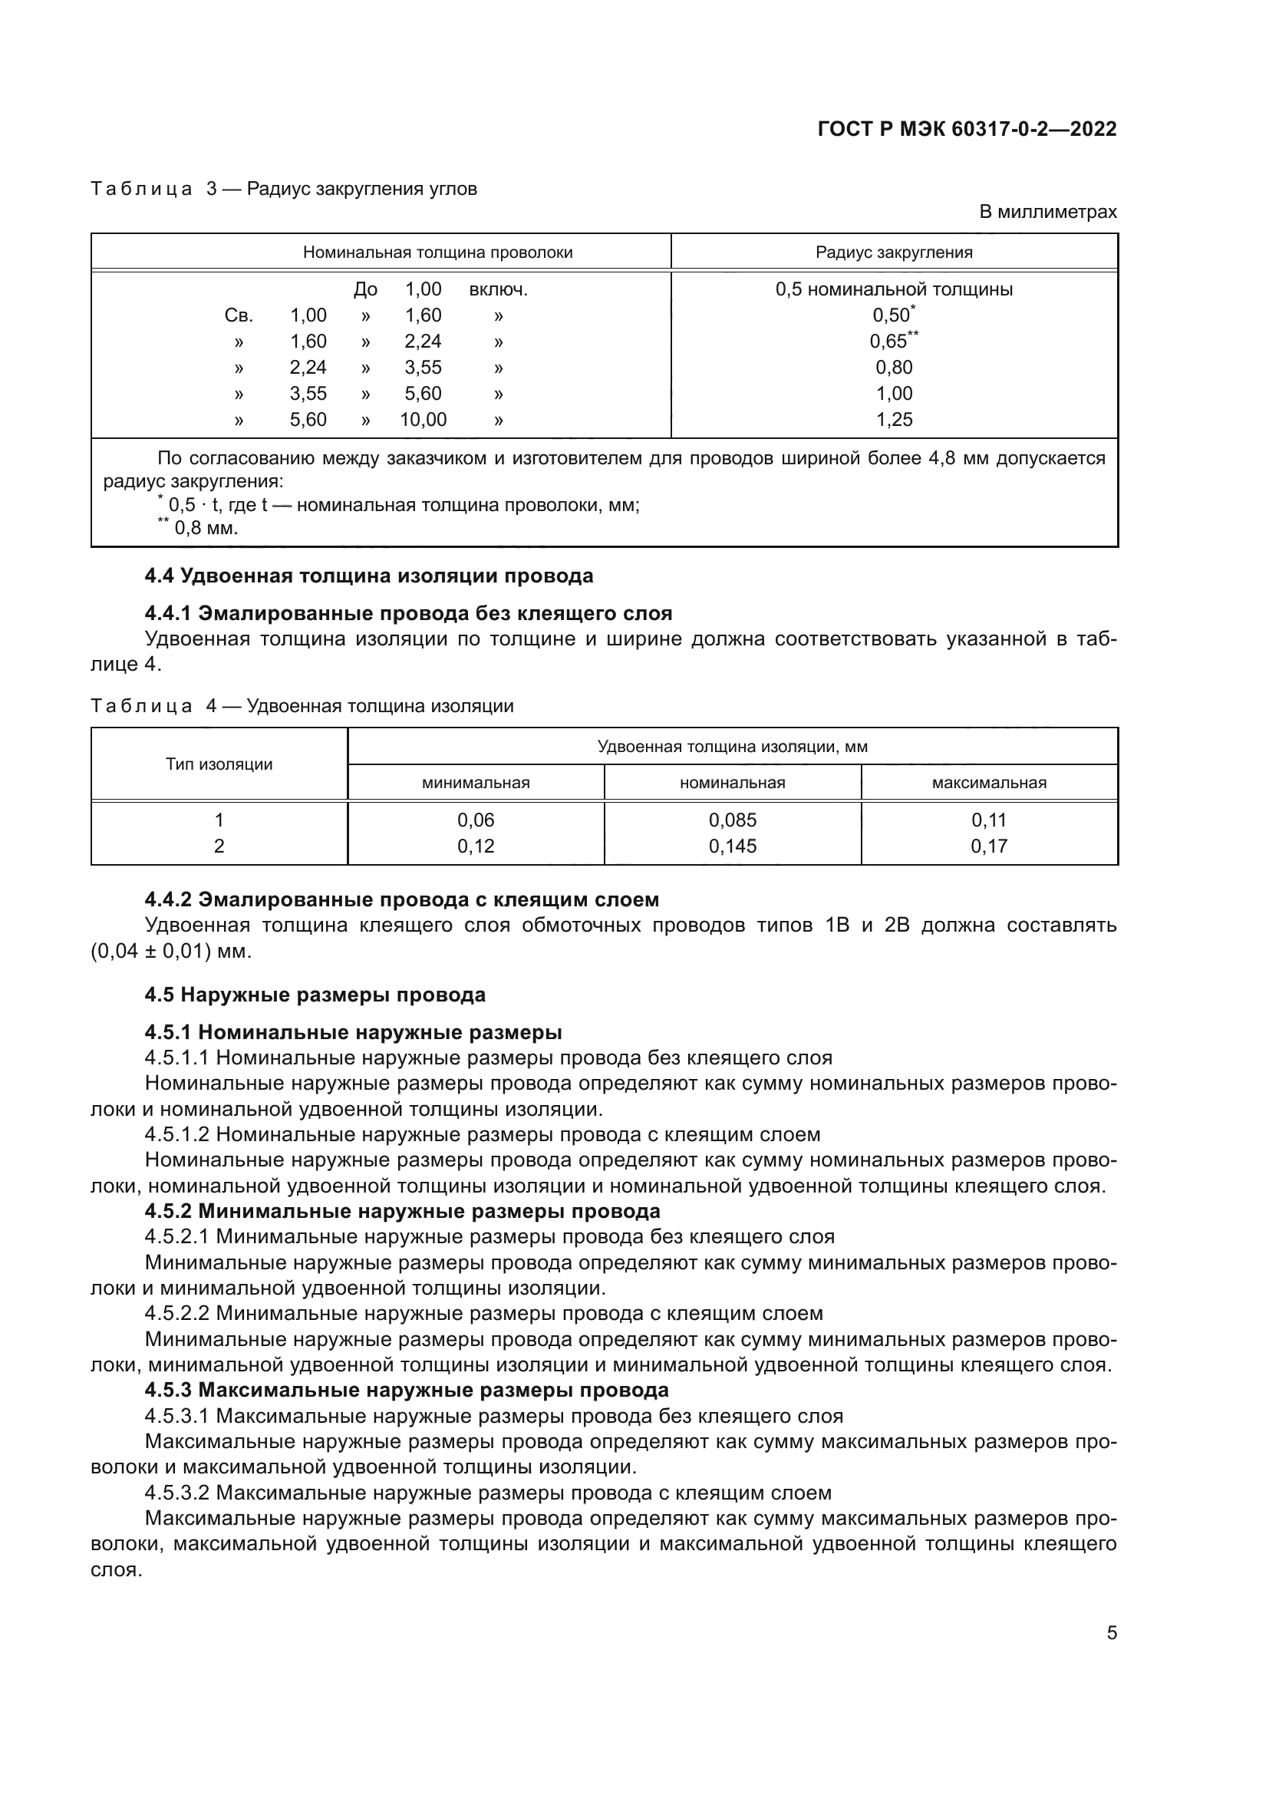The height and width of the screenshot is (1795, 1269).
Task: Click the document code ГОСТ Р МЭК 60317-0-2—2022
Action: click(967, 129)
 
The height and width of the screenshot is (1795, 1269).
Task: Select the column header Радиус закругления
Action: click(894, 252)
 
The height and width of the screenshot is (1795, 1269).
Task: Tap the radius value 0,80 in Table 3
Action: click(894, 368)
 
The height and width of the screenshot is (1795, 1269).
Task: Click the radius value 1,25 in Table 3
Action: click(894, 420)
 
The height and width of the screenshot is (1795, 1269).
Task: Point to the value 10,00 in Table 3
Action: click(423, 420)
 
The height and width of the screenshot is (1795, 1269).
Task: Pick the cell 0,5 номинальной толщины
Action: click(894, 289)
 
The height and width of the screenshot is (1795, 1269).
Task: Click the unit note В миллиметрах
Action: click(1048, 212)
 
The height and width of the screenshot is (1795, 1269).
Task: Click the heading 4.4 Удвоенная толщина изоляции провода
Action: click(369, 576)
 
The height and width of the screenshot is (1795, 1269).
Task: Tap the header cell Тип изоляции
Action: click(219, 764)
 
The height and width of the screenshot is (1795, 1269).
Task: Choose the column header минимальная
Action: click(475, 783)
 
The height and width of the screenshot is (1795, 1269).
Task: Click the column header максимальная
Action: click(988, 783)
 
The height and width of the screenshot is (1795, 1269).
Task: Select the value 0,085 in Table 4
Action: click(732, 820)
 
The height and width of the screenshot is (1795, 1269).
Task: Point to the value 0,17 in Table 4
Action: click(988, 846)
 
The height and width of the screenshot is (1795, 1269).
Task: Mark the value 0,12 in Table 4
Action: click(475, 846)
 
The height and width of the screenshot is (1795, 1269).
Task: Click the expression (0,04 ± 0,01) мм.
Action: click(171, 952)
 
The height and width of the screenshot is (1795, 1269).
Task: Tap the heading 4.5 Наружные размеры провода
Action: click(315, 995)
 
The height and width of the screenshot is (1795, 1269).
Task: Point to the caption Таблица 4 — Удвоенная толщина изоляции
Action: click(302, 706)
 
